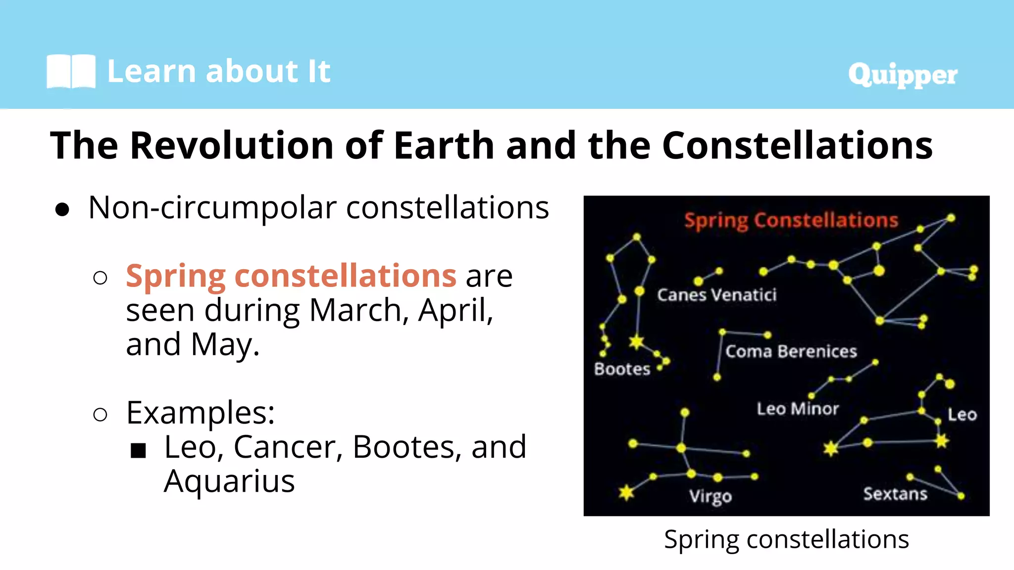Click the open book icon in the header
point(71,72)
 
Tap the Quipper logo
point(903,75)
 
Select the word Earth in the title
point(444,145)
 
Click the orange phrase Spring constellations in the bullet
point(291,276)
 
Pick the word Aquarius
point(229,481)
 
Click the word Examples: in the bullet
point(200,412)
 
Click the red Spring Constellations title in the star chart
point(791,220)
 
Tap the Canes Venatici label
point(716,295)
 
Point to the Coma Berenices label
point(791,351)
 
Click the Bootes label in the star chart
point(622,369)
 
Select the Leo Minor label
point(798,409)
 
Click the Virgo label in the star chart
point(710,496)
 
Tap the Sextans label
point(895,494)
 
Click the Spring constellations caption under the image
point(786,539)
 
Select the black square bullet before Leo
point(138,450)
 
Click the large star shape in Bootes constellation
point(636,341)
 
